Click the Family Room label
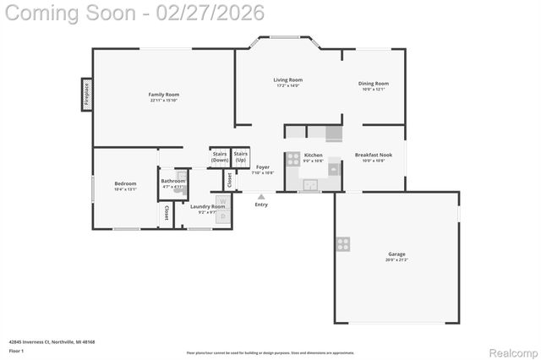(163, 94)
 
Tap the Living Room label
(288, 80)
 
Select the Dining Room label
(373, 84)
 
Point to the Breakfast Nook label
(373, 155)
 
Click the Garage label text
(396, 254)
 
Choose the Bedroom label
(125, 183)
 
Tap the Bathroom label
(173, 181)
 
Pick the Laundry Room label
(207, 206)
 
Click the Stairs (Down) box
(220, 157)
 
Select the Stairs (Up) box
(241, 157)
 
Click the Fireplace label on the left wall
(86, 94)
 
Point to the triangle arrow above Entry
(261, 196)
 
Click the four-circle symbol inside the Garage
(343, 244)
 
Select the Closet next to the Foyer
(228, 180)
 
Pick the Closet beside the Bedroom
(166, 212)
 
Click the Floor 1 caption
(16, 350)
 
